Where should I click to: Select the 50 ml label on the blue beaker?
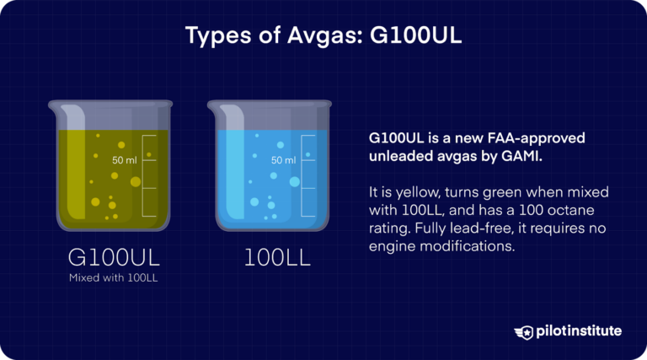tap(283, 160)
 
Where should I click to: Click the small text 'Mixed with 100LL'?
tap(113, 279)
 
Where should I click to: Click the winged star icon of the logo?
tap(524, 331)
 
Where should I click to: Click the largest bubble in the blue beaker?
tap(294, 181)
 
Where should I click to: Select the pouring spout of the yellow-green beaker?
tap(52, 107)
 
